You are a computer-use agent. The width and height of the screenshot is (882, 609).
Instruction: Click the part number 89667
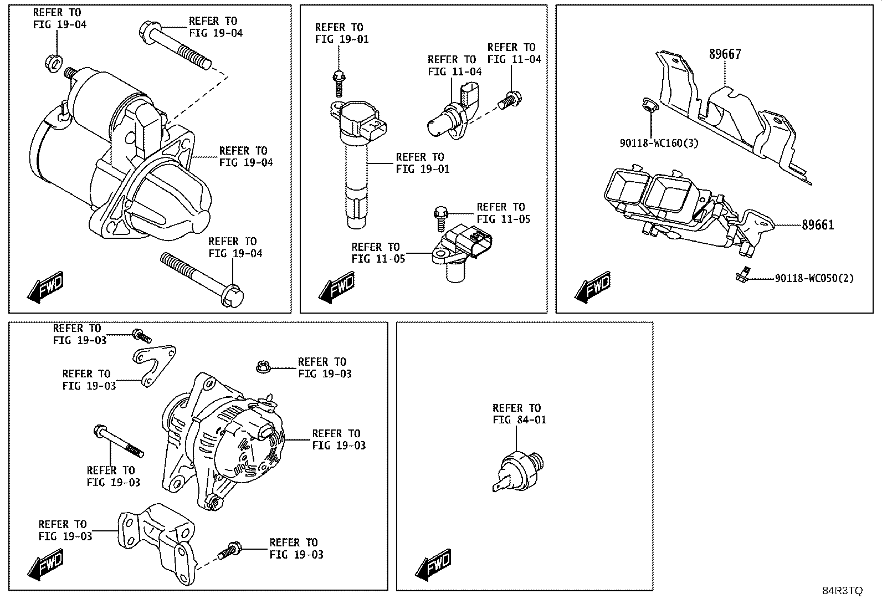coord(725,54)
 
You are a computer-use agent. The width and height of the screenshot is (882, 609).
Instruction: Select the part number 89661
coord(818,225)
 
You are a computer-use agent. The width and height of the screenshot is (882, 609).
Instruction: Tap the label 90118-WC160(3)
coord(659,143)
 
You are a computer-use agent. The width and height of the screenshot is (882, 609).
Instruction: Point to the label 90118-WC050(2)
coord(814,278)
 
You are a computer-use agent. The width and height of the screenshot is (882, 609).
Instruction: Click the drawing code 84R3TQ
coord(842,591)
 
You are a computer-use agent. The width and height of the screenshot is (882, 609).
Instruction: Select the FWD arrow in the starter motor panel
coord(45,287)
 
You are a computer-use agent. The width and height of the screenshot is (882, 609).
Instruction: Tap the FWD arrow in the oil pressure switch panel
coord(433,565)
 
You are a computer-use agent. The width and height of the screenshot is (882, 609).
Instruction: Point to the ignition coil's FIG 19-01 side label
coord(423,163)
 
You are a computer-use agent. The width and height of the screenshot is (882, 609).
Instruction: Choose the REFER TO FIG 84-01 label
coord(519,413)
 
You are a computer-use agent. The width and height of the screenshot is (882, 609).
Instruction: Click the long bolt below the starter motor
coord(202,279)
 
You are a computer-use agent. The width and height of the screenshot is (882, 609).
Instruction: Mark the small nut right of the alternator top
coord(263,367)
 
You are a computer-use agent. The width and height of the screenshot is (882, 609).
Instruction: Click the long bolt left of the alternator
coord(118,441)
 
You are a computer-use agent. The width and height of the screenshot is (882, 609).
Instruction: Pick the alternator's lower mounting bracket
coord(157,543)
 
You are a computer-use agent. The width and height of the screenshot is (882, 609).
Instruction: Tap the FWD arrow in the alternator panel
coord(45,565)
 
